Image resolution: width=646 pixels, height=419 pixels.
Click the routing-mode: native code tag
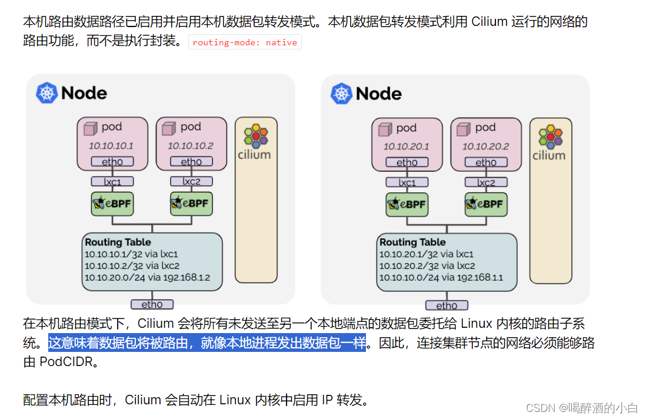click(x=245, y=42)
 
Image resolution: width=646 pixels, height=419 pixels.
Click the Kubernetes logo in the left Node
click(x=46, y=93)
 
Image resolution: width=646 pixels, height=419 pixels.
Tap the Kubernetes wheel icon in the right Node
click(x=341, y=94)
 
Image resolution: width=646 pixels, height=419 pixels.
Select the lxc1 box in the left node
click(x=112, y=182)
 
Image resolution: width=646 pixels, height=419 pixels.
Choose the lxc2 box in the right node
click(x=486, y=182)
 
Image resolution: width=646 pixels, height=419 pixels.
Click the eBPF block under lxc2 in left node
click(x=191, y=203)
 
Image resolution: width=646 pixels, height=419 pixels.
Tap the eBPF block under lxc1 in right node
click(x=407, y=204)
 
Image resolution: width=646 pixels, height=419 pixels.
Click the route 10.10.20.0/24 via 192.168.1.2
click(x=147, y=277)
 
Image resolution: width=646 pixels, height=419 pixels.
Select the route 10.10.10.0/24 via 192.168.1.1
click(x=441, y=278)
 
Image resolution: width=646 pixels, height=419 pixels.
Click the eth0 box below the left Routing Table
click(x=152, y=304)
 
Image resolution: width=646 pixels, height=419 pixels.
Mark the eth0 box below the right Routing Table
click(x=447, y=305)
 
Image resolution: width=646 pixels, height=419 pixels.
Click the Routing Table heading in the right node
click(x=412, y=242)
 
